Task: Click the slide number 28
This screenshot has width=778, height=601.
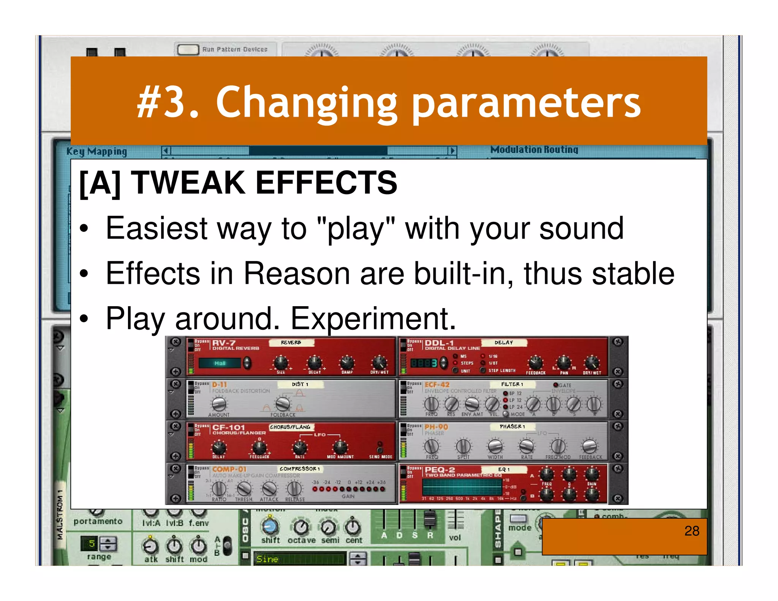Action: [691, 531]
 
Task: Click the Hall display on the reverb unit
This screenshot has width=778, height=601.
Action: [220, 363]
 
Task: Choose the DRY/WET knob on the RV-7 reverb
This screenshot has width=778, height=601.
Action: [379, 362]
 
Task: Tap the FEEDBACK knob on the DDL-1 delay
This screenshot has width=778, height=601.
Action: [535, 363]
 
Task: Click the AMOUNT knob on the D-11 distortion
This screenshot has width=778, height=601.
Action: [219, 404]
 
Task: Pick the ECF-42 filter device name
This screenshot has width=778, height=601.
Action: [437, 384]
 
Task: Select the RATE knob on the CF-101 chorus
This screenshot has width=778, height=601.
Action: [300, 447]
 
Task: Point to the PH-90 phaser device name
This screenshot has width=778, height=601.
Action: [436, 427]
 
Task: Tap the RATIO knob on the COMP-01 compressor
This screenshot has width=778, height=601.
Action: [219, 488]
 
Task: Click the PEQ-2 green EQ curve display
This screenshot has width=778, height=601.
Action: [462, 486]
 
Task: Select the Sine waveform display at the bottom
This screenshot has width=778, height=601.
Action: [299, 559]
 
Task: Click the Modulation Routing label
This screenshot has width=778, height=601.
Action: [534, 150]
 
